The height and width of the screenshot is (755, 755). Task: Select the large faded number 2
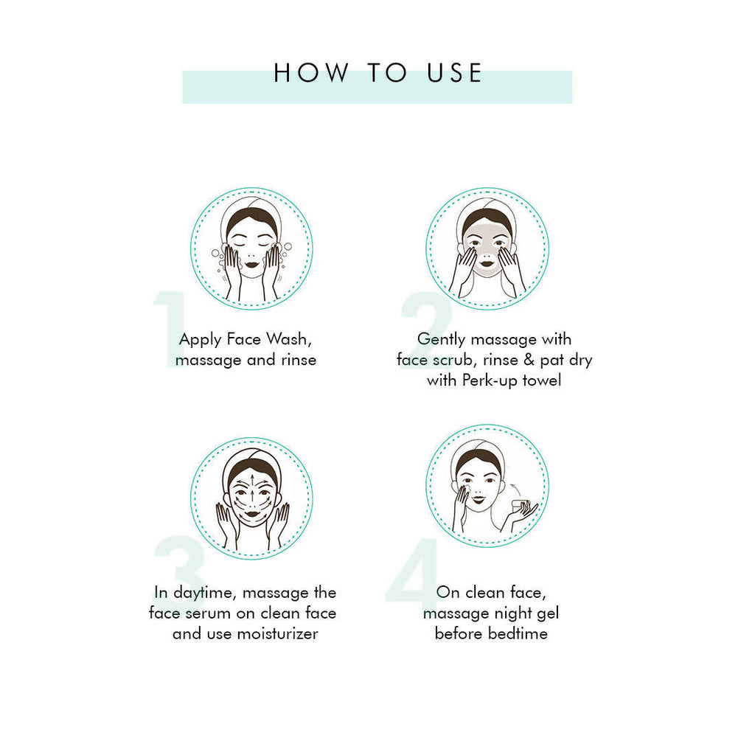tap(425, 325)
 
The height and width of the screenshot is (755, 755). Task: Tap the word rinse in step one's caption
tap(293, 360)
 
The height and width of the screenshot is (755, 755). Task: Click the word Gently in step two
tap(442, 339)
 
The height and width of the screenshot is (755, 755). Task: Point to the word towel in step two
tap(542, 380)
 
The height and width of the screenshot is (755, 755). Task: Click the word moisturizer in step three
tap(277, 633)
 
